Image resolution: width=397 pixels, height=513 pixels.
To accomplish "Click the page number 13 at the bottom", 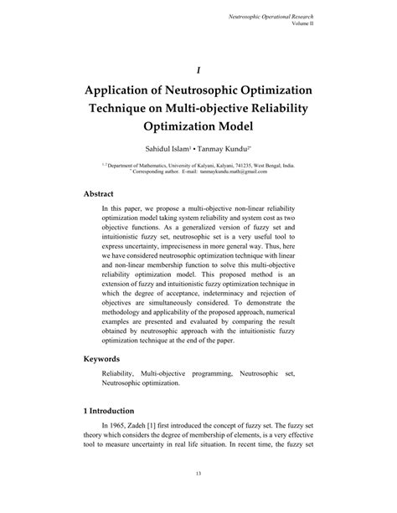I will point(198,496).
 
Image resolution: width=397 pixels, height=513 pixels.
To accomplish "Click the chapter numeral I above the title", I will point(198,71).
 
